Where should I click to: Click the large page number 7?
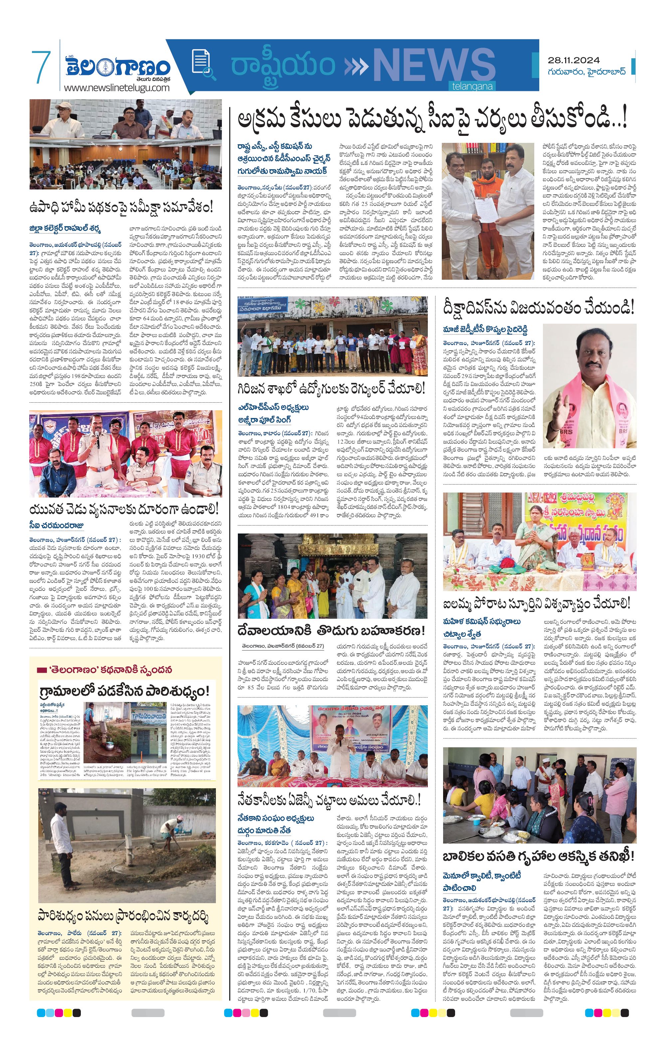pos(41,67)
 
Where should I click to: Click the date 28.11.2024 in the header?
pos(574,60)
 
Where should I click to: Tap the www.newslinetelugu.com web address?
pos(116,88)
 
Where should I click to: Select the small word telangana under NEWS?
pos(472,87)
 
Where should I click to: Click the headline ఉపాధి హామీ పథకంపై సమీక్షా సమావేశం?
pos(121,206)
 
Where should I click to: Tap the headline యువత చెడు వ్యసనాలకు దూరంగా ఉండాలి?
pos(124,510)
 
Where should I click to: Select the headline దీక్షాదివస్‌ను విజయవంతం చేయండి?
pos(538,308)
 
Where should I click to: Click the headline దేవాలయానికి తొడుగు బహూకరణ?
pos(331,631)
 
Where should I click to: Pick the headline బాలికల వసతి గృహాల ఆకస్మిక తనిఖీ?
pos(538,856)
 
